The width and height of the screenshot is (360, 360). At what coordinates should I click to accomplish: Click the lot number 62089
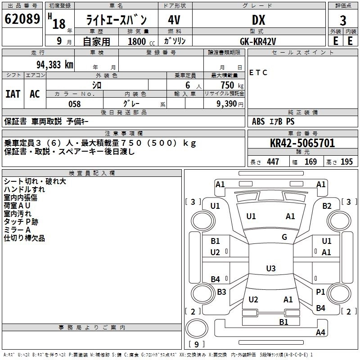point(22,20)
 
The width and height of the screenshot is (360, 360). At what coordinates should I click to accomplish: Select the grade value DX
point(258,20)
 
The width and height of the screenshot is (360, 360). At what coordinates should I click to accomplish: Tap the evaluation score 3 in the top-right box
point(343,20)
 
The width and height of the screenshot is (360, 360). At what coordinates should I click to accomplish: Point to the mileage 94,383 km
point(54,64)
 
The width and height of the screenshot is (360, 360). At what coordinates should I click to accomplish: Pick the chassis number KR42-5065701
point(302,143)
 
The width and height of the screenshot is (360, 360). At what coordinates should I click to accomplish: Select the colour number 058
point(74,104)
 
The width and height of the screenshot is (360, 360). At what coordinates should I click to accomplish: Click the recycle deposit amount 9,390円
point(229,104)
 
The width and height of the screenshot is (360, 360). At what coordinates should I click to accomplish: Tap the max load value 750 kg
point(230,85)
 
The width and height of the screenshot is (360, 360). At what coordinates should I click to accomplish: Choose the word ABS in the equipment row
point(258,121)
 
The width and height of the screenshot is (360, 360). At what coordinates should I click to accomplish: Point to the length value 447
point(273,162)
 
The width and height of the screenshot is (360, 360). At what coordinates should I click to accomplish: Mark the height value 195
point(346,162)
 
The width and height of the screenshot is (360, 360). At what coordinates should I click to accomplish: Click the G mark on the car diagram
point(284,237)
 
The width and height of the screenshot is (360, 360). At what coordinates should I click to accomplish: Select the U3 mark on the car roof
point(270,269)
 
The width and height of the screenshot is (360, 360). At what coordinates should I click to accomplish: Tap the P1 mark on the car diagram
point(320,292)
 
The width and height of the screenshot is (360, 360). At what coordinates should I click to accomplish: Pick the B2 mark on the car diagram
point(327,206)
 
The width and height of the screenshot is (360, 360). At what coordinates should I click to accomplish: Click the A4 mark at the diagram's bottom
point(320,333)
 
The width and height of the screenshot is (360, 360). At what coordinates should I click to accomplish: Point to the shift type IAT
point(13,94)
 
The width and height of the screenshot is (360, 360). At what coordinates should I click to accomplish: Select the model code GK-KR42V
point(258,41)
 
